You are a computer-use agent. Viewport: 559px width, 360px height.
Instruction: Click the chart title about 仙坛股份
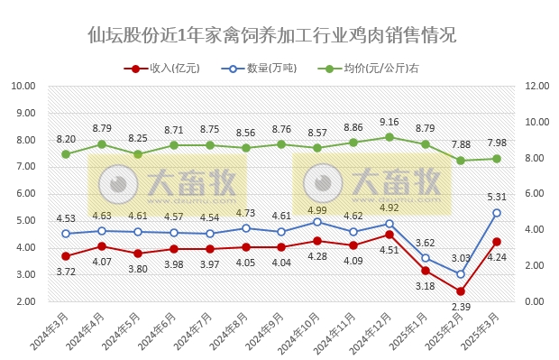(271, 36)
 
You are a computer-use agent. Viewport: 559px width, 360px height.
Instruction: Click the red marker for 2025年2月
(461, 291)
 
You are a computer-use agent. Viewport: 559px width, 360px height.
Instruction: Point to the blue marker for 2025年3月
(497, 213)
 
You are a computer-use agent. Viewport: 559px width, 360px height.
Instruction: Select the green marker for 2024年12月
(389, 137)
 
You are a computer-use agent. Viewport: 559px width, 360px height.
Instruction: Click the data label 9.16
(389, 122)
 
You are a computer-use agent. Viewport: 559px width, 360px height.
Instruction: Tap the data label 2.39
(461, 308)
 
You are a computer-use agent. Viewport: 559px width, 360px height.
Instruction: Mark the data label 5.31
(497, 197)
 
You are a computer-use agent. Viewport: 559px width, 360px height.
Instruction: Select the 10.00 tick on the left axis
(23, 87)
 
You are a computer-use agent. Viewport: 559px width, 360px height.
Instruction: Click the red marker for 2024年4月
(102, 246)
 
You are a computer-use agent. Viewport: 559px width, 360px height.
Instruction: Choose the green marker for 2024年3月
(66, 154)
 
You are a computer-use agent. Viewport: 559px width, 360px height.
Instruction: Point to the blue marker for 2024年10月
(317, 222)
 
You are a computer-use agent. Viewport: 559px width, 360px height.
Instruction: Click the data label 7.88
(461, 144)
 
